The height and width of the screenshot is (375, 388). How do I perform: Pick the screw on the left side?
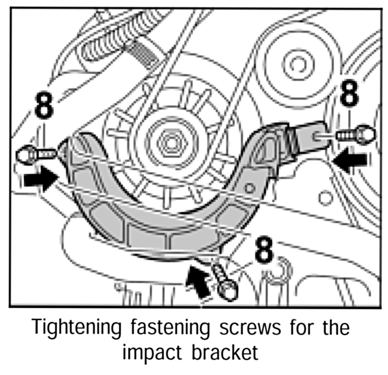pyautogui.click(x=35, y=154)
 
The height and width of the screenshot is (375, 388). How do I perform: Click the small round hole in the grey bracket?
pyautogui.click(x=250, y=188)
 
